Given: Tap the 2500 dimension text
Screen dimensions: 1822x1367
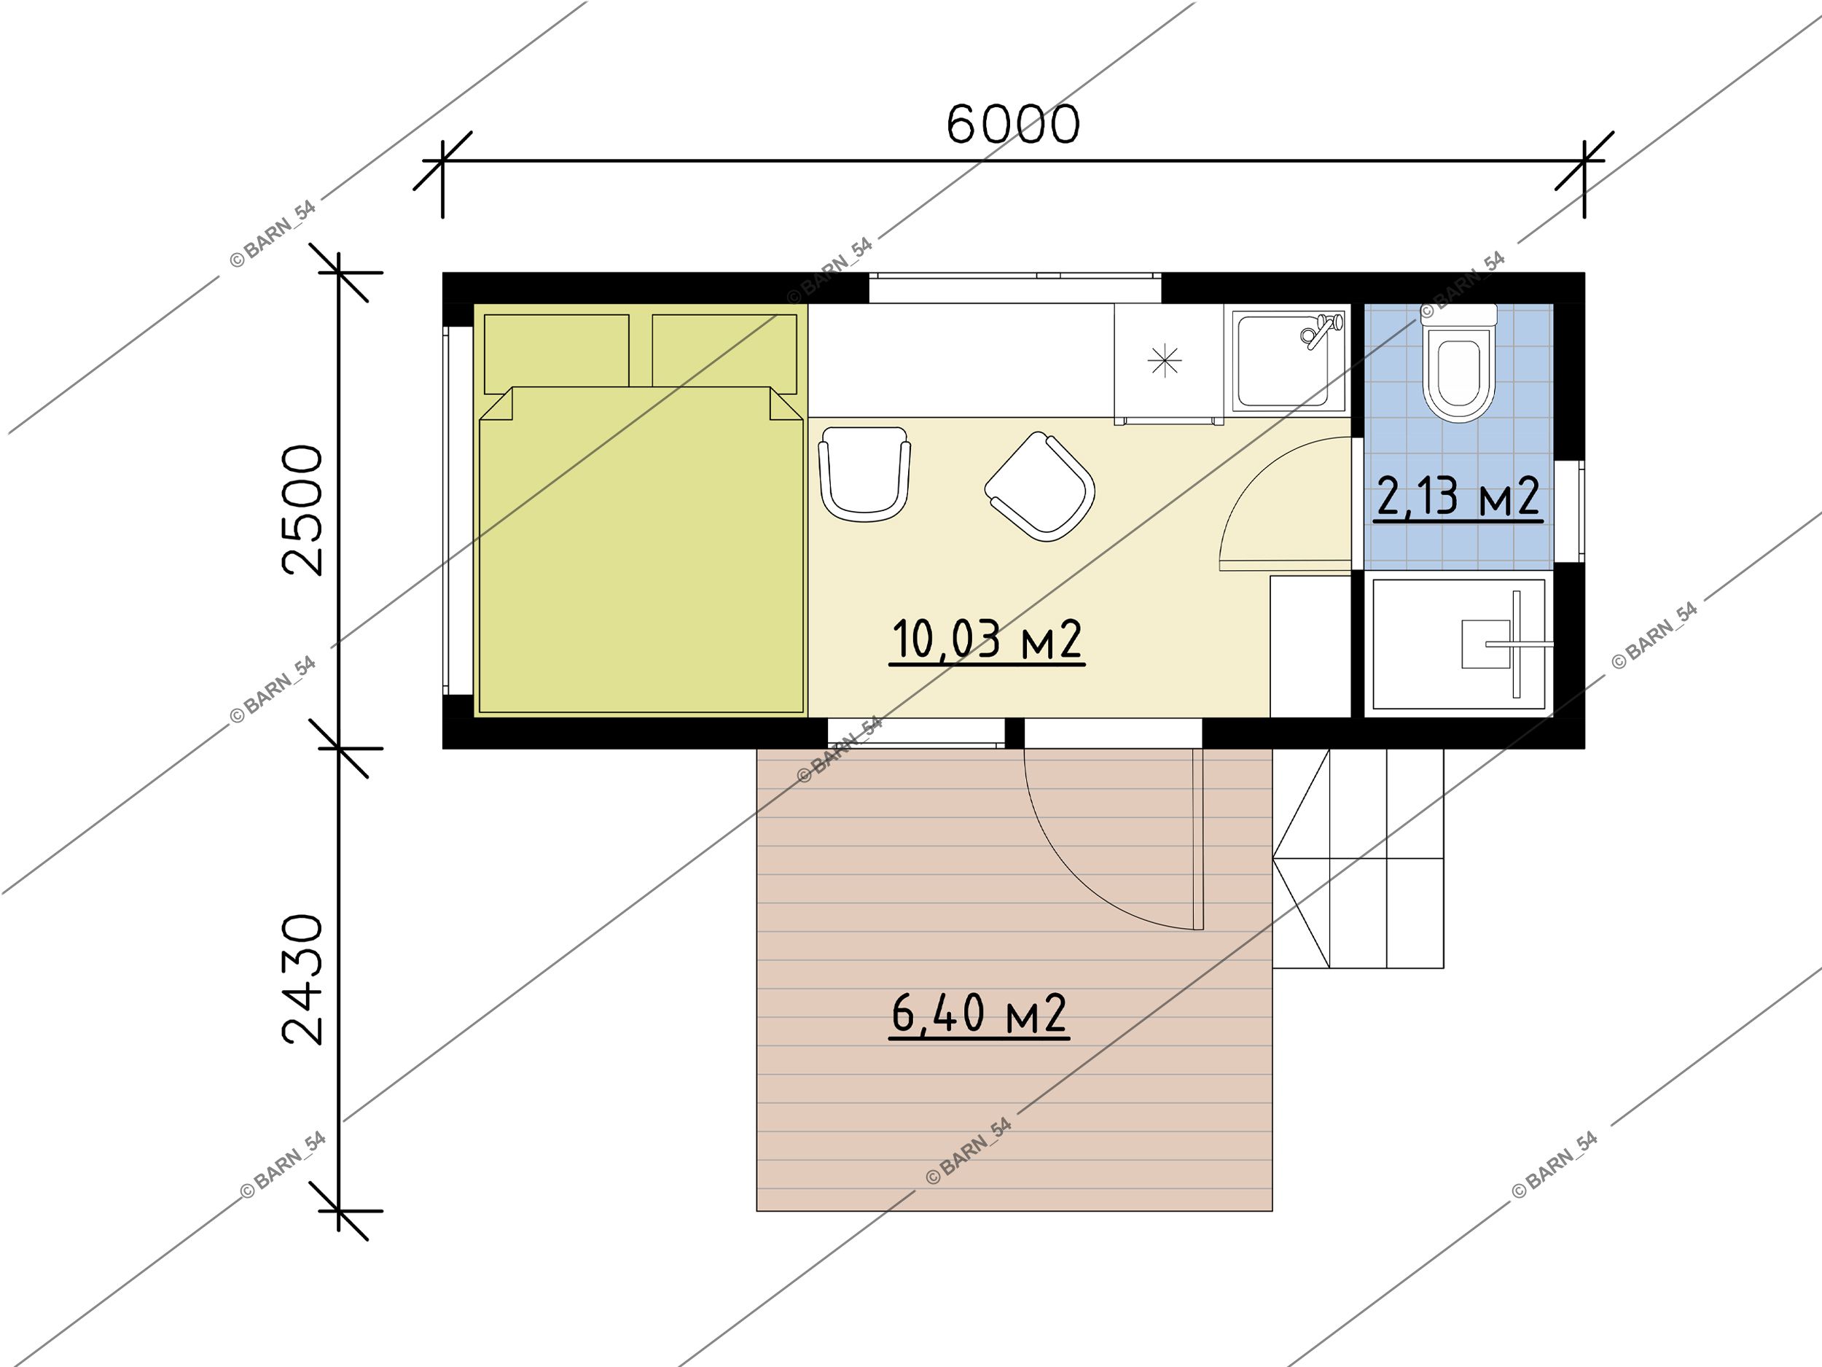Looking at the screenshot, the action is click(302, 510).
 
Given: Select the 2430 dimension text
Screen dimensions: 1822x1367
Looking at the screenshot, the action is click(302, 981).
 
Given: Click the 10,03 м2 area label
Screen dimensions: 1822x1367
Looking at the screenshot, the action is click(987, 640).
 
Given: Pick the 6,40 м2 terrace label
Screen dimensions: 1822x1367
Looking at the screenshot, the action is click(980, 1014).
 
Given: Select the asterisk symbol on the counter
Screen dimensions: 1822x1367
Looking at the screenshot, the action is click(1165, 360).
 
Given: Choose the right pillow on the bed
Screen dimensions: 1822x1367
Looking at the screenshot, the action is click(724, 353).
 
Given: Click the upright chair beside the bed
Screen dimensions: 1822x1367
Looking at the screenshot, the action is click(865, 474).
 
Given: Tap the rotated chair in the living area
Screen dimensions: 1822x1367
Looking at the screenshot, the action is click(1039, 486).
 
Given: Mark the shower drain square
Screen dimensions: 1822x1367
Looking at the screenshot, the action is click(1486, 644).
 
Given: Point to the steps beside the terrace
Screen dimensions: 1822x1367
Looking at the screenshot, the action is click(1358, 858).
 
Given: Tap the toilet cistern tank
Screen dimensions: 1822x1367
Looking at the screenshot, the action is click(1459, 315).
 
